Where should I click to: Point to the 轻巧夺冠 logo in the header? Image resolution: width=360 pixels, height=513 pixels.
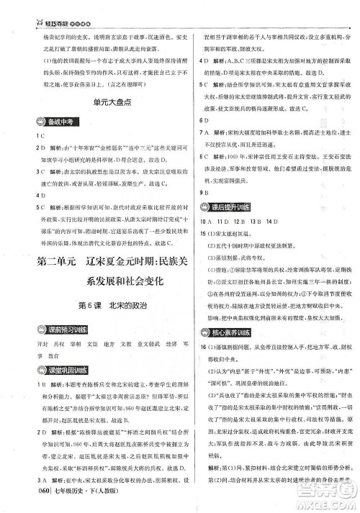pyautogui.click(x=29, y=7)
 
